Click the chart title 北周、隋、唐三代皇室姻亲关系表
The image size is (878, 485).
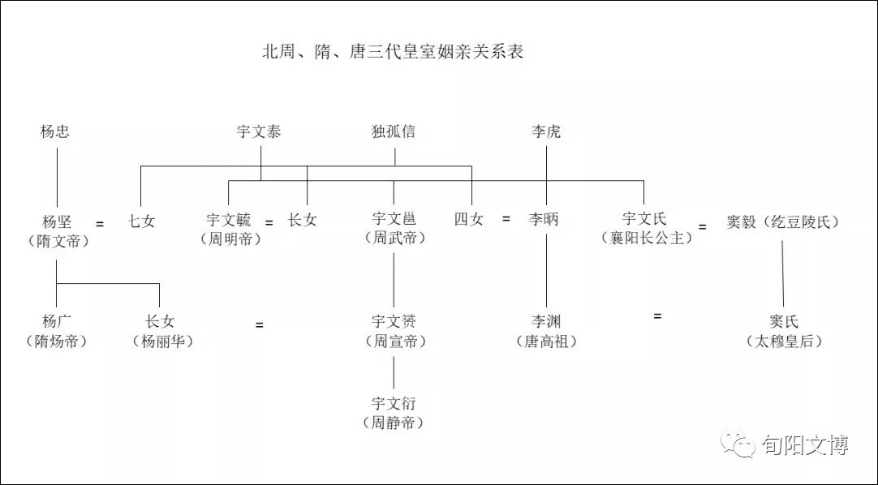(x=393, y=52)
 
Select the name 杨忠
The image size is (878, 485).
(x=55, y=131)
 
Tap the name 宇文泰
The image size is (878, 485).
(x=259, y=131)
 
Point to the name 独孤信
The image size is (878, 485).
(x=393, y=131)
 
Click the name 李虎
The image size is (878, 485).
(x=546, y=131)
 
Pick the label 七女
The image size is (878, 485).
(x=141, y=221)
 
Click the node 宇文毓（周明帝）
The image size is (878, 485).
(x=230, y=230)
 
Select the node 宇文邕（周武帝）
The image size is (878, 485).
(x=394, y=228)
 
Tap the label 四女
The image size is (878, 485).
(x=469, y=219)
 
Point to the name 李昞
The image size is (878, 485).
(x=543, y=219)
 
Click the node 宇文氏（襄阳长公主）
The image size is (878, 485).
(x=646, y=228)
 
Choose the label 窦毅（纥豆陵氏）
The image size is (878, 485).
(x=783, y=222)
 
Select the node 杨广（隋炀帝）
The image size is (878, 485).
(x=57, y=331)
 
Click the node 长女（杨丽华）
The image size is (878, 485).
(x=162, y=331)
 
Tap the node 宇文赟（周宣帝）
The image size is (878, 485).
(x=394, y=331)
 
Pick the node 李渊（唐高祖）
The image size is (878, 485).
(x=546, y=331)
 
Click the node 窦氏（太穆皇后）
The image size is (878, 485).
(x=783, y=331)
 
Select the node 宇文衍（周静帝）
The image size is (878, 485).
(x=394, y=413)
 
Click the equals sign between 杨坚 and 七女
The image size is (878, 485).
(x=100, y=224)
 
